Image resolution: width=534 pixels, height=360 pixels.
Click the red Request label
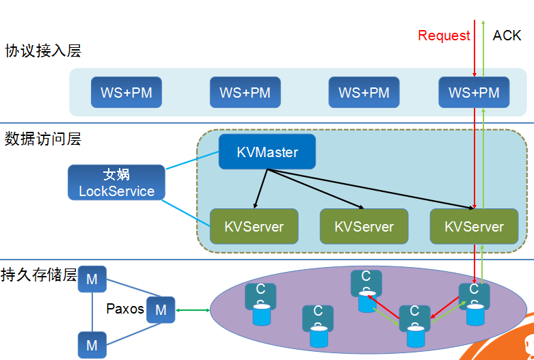pos(444,36)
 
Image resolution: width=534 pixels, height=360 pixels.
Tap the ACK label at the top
pos(507,36)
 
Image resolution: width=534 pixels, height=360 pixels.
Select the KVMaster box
pos(267,152)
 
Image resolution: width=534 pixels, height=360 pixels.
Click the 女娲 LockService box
pos(116,183)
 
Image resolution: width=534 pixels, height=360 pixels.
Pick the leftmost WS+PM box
pos(126,92)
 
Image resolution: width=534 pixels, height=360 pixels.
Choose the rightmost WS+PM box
pos(474,92)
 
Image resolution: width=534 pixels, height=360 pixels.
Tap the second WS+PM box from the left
pos(245,92)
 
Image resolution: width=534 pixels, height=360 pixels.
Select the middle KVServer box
pos(364,226)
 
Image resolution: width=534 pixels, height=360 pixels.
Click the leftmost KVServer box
pos(254,226)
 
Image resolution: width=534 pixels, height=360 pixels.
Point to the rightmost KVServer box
pos(474,226)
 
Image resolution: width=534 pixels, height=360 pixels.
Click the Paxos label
pos(125,309)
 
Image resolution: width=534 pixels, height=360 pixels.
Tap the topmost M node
pos(92,279)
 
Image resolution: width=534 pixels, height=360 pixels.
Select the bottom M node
pos(92,345)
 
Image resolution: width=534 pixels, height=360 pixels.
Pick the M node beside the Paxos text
pos(161,310)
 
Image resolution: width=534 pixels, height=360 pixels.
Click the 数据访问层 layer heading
pos(42,139)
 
